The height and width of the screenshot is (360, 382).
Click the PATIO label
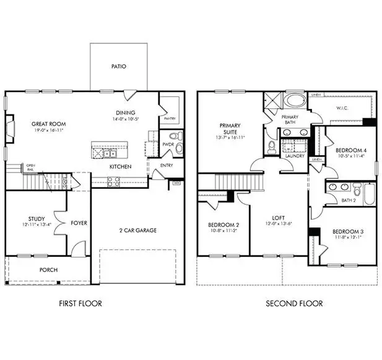coord(119,66)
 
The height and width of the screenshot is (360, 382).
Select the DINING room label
coord(125,112)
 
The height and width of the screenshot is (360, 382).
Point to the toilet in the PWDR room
coord(175,137)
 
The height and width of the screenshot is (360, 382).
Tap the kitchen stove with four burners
coord(114,181)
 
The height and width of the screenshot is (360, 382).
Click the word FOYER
coord(79,223)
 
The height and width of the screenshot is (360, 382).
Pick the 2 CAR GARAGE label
coord(138,230)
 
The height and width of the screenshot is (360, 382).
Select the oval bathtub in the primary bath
coord(295,101)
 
